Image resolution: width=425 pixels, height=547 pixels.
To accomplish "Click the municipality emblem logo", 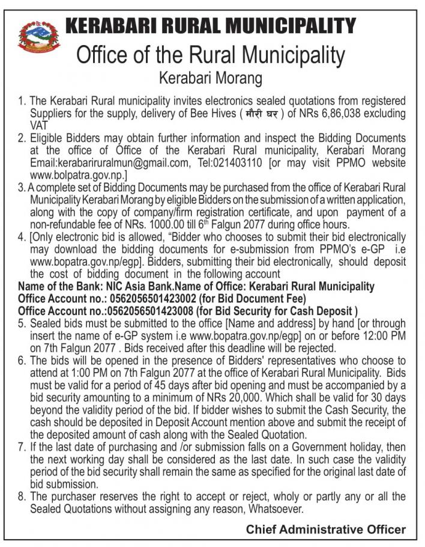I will coord(39,38).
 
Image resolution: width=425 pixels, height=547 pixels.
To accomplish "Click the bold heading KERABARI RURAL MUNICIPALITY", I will coord(210,26).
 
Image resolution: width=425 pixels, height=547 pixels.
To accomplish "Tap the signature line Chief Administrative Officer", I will coord(325,530).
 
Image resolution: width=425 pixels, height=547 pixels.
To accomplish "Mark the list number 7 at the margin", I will coord(22,448).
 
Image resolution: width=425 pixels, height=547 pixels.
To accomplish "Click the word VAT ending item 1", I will coord(40,125).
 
